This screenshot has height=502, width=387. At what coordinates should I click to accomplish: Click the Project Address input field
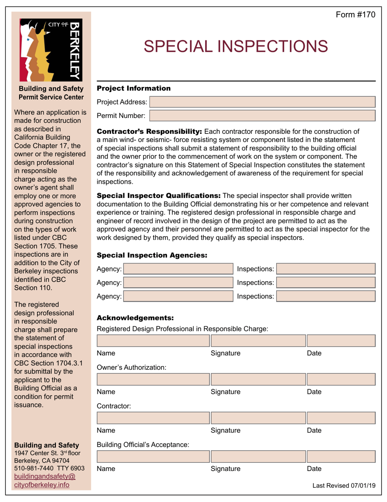262,102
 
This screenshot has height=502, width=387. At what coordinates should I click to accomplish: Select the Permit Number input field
262,116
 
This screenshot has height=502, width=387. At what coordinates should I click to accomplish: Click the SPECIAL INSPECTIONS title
236,46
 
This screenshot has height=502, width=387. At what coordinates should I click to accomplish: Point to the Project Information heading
134,88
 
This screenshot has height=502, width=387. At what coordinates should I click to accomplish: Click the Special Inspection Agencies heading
152,255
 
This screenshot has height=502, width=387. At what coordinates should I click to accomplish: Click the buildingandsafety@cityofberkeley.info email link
45,481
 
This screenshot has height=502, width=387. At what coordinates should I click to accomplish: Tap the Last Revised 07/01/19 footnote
343,486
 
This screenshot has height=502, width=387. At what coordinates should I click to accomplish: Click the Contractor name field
153,418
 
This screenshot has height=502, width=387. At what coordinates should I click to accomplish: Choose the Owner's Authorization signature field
257,380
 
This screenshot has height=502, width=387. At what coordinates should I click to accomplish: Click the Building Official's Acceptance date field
341,456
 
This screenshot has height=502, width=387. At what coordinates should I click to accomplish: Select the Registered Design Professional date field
341,341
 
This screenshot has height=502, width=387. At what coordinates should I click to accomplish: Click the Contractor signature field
257,418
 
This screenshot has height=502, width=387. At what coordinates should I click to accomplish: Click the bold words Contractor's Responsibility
149,131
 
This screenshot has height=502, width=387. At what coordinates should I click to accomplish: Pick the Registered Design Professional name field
153,341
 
